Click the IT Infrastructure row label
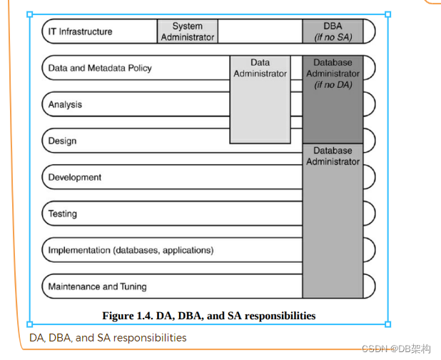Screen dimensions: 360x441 (x=80, y=31)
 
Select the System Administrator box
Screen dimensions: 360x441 (x=187, y=31)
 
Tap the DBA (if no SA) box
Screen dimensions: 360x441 (x=333, y=31)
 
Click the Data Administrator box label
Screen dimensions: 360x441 (x=260, y=68)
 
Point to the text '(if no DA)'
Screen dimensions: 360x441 (x=333, y=84)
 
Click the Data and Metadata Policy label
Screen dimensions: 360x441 (x=100, y=69)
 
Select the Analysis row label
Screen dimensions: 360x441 (x=65, y=105)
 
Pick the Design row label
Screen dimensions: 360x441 (x=62, y=141)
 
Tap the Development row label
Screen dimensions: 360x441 (x=75, y=177)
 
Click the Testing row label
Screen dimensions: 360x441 (x=63, y=214)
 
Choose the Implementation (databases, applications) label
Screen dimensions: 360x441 (x=131, y=250)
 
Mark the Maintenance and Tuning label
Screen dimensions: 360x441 (x=97, y=286)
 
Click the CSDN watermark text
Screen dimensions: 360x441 (x=397, y=349)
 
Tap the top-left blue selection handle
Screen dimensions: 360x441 (x=30, y=14)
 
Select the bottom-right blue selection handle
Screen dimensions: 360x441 (x=388, y=324)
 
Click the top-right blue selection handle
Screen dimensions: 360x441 (x=388, y=14)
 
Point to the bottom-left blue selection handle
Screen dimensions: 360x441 (x=30, y=324)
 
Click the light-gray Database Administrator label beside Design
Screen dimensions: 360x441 (x=333, y=156)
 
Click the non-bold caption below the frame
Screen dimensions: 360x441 (x=108, y=337)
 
